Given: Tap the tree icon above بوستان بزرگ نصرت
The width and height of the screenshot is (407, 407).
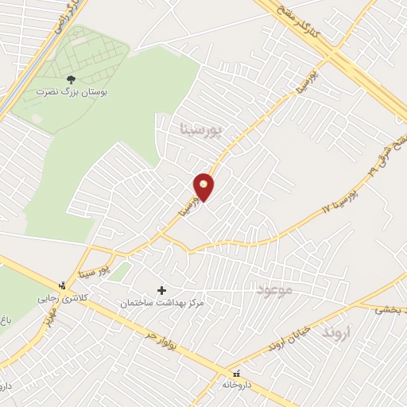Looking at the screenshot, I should click(72, 79).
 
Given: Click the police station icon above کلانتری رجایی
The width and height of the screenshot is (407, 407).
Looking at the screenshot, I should click(62, 285).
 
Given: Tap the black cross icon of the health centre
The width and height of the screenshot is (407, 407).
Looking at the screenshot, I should click(163, 290).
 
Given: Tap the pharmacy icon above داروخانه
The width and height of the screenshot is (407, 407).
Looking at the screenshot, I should click(236, 374).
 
